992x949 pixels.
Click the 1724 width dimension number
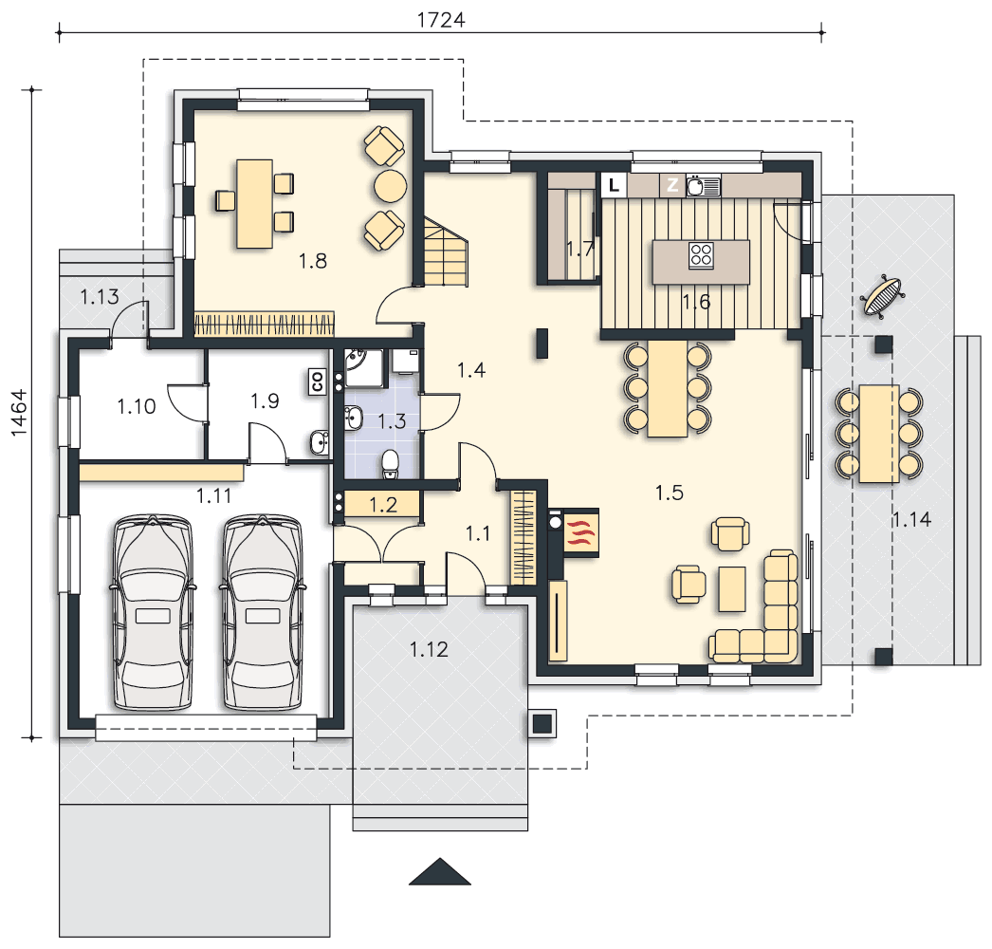coord(441,20)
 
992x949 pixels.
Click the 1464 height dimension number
coord(19,413)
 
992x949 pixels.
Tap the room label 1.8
coord(313,261)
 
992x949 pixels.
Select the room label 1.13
coord(100,296)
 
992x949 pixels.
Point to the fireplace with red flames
coord(580,532)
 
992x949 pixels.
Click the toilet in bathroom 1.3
coord(391,464)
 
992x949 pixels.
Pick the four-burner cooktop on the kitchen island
coord(701,255)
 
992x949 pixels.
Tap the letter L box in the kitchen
coord(613,185)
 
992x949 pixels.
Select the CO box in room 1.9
coord(318,381)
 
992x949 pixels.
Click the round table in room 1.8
coord(391,186)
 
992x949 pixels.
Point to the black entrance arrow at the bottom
coord(440,872)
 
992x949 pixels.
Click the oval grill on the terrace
coord(882,294)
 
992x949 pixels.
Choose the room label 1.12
coord(429,649)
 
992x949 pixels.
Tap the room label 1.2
coord(383,505)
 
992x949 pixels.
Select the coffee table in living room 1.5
coord(732,588)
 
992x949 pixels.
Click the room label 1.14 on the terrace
coord(911,519)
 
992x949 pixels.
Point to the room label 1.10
coord(136,406)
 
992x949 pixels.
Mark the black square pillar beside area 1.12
coord(542,723)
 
